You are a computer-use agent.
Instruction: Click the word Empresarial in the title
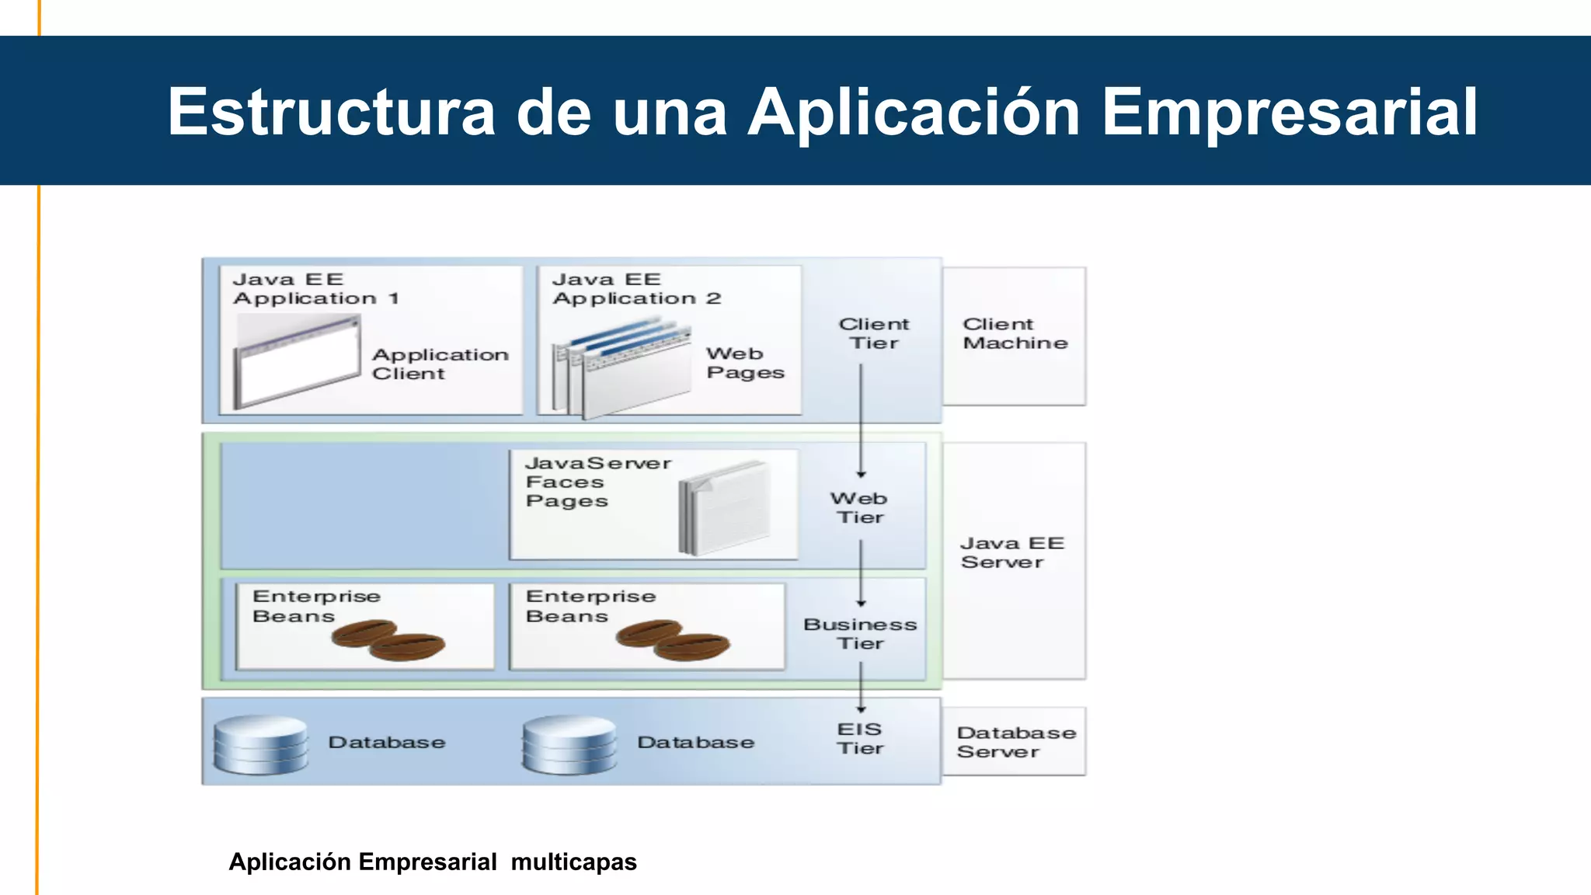[x=1290, y=113]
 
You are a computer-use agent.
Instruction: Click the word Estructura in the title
[x=331, y=113]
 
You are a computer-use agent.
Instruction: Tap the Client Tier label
[x=873, y=334]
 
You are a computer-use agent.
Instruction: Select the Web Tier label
[x=859, y=508]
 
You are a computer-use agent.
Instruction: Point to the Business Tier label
[x=860, y=634]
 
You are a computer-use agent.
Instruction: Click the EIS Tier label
[x=859, y=739]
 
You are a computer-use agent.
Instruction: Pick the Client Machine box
[x=1014, y=335]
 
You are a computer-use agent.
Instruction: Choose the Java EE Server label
[x=1011, y=553]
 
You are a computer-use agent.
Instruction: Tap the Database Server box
[x=1015, y=742]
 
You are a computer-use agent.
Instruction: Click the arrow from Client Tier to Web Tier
[x=861, y=420]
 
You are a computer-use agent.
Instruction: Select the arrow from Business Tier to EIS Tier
[x=861, y=687]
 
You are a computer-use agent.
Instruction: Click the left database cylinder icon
[x=260, y=745]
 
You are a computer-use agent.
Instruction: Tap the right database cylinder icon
[x=569, y=745]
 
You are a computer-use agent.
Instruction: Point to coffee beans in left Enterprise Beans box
[x=388, y=639]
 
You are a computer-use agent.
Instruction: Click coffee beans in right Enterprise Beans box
[x=673, y=639]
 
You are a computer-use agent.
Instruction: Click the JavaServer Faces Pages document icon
[x=724, y=509]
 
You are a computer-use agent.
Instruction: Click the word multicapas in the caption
[x=573, y=862]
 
